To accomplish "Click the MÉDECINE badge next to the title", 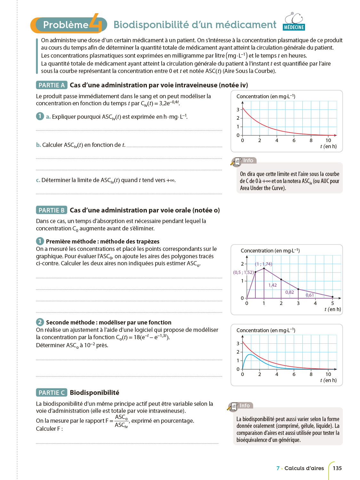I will point(294,27).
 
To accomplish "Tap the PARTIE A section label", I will point(52,85).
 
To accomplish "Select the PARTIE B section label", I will point(52,210).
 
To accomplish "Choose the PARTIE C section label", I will point(52,393).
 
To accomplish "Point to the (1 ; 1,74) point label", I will point(263,264).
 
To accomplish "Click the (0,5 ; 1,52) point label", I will point(243,272).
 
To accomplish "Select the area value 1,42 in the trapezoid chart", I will point(273,285).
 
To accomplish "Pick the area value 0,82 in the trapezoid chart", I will point(290,292).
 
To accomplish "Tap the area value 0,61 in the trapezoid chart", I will point(310,295).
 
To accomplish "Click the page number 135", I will point(337,468).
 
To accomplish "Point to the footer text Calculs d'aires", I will point(304,468).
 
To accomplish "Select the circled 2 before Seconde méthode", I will point(40,322).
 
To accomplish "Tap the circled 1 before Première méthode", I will point(40,241).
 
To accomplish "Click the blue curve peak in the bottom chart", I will point(250,355).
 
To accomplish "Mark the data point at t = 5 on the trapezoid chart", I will point(332,297).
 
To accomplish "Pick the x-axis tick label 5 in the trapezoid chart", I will point(332,303).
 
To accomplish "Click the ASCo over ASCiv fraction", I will point(121,421).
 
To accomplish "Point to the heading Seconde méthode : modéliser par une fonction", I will point(108,323).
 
